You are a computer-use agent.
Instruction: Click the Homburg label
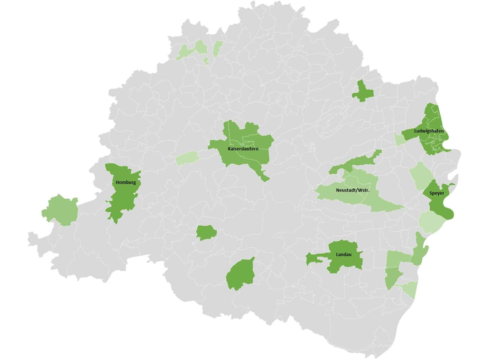pos(126,182)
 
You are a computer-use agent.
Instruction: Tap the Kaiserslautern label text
pos(243,149)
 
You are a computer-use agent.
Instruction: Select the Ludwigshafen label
pos(429,131)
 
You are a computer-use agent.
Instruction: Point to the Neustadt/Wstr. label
pos(353,190)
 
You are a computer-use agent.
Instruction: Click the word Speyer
pos(437,193)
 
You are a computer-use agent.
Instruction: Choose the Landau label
pos(343,255)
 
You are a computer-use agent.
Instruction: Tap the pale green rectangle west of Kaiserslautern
pos(187,157)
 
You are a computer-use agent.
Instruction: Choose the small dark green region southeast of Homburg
pos(206,232)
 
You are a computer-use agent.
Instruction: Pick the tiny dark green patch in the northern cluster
pos(206,61)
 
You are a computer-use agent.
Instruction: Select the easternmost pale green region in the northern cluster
pos(217,48)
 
